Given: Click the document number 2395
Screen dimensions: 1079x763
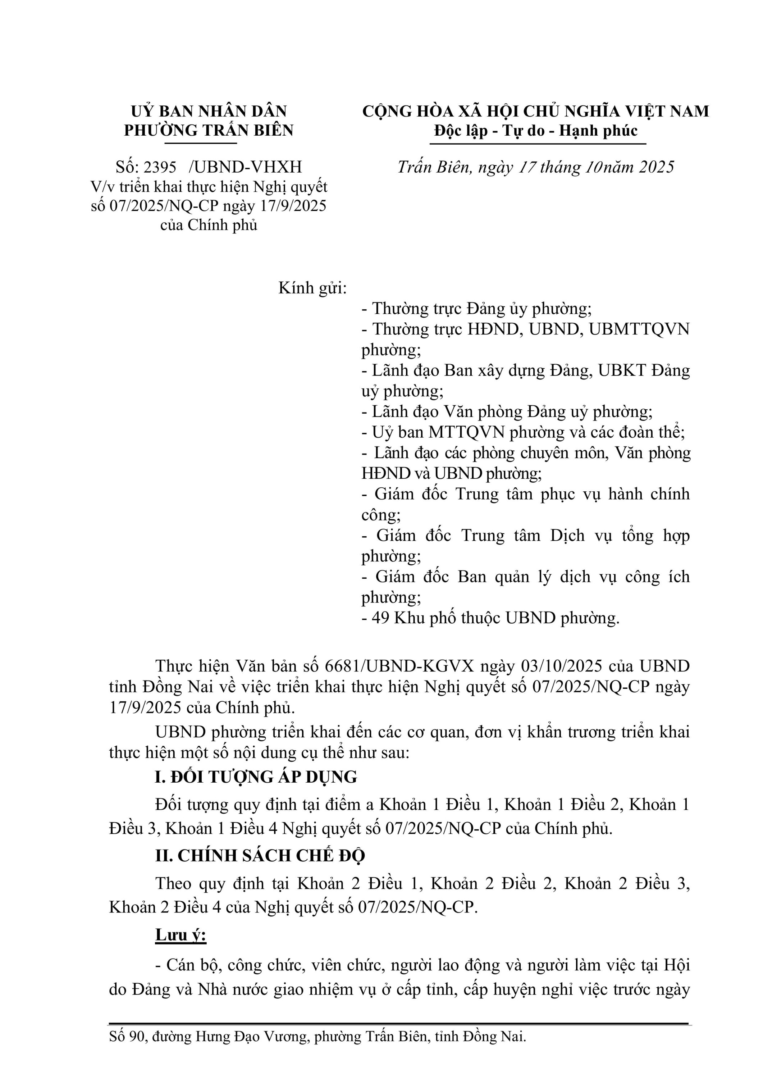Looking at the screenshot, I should coord(160,167).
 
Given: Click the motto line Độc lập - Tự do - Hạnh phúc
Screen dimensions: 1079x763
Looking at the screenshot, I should coord(536,130).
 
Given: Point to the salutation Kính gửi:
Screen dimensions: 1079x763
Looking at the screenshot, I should coord(312,288).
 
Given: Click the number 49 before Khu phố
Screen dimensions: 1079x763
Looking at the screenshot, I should coord(380,618).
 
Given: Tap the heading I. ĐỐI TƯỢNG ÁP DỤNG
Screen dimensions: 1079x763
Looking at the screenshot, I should coord(256,777).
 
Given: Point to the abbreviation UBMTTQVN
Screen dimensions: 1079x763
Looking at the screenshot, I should coord(639,329).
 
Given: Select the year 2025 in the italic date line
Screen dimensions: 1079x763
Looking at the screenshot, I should coord(656,167).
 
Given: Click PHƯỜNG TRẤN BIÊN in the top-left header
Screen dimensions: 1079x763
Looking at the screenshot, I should coord(209,130).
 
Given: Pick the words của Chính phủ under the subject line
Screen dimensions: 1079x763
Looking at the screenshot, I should coord(209,225).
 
